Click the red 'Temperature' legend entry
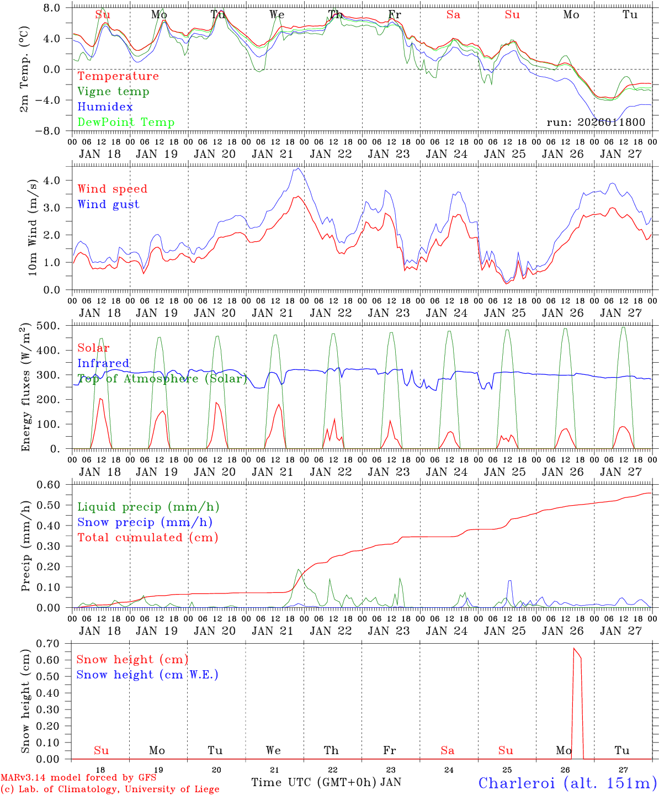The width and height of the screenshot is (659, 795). (118, 76)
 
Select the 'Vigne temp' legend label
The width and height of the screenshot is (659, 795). (113, 92)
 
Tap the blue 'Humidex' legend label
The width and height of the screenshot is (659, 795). (105, 107)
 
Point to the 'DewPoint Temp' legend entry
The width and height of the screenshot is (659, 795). (126, 123)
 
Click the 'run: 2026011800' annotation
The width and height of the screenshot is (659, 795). (596, 123)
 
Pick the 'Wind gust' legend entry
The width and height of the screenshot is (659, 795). (109, 204)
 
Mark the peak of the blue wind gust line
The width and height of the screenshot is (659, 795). (298, 168)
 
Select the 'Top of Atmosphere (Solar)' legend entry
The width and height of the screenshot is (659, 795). (162, 379)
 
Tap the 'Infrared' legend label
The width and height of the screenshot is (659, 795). (104, 363)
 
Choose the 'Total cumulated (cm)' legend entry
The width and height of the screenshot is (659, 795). (148, 538)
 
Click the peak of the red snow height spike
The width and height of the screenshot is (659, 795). (574, 648)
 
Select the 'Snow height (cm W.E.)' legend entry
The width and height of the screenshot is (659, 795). (147, 675)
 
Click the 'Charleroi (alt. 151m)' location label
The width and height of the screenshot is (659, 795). (567, 783)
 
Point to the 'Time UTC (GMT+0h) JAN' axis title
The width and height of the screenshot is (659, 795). (326, 782)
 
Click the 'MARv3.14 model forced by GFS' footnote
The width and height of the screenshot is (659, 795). (78, 778)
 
